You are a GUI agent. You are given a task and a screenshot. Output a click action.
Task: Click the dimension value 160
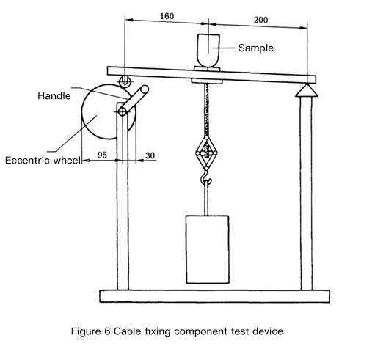[167, 16]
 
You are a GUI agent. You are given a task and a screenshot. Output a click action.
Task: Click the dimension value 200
[261, 20]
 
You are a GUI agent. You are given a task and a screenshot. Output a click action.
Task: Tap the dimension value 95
[102, 155]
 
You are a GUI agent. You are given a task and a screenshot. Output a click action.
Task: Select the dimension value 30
[150, 155]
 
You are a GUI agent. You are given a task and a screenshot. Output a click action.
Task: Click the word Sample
[256, 48]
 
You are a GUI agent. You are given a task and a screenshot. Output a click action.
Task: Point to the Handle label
[54, 95]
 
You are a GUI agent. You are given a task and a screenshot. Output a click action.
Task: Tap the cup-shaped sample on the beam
[208, 51]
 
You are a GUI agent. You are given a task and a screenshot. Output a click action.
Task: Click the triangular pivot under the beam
[307, 90]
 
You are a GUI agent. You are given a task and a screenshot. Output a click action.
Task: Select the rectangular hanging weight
[208, 249]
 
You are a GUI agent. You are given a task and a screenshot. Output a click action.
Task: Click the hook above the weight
[205, 178]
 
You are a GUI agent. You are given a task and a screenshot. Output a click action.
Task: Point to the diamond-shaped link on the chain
[206, 153]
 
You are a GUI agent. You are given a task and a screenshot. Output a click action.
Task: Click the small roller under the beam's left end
[125, 81]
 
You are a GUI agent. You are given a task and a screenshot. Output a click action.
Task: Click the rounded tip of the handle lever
[144, 89]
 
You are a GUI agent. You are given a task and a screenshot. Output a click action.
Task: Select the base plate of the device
[214, 296]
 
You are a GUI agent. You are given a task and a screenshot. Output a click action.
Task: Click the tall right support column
[306, 193]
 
